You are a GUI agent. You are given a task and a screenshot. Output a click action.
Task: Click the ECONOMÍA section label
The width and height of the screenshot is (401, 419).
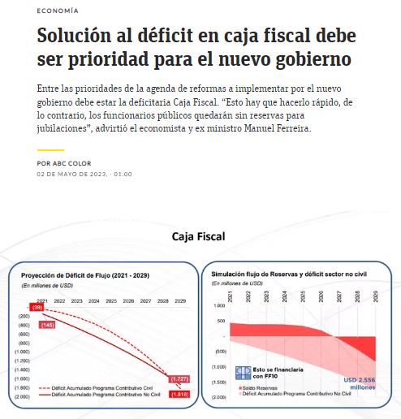[58, 11]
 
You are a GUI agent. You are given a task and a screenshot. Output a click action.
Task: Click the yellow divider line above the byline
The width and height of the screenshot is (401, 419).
[50, 150]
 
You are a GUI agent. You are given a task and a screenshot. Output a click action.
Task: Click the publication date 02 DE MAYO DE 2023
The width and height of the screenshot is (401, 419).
[71, 174]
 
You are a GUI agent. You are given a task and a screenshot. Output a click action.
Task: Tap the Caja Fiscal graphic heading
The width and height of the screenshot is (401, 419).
[198, 236]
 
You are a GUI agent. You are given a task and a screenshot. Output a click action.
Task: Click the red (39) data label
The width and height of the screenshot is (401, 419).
[37, 307]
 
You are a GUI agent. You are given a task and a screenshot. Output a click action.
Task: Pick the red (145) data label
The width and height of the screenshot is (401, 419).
[47, 325]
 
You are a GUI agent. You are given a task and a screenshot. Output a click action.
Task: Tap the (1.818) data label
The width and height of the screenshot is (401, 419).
[179, 395]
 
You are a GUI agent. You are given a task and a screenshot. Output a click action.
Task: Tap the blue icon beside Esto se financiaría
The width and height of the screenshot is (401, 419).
[241, 372]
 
